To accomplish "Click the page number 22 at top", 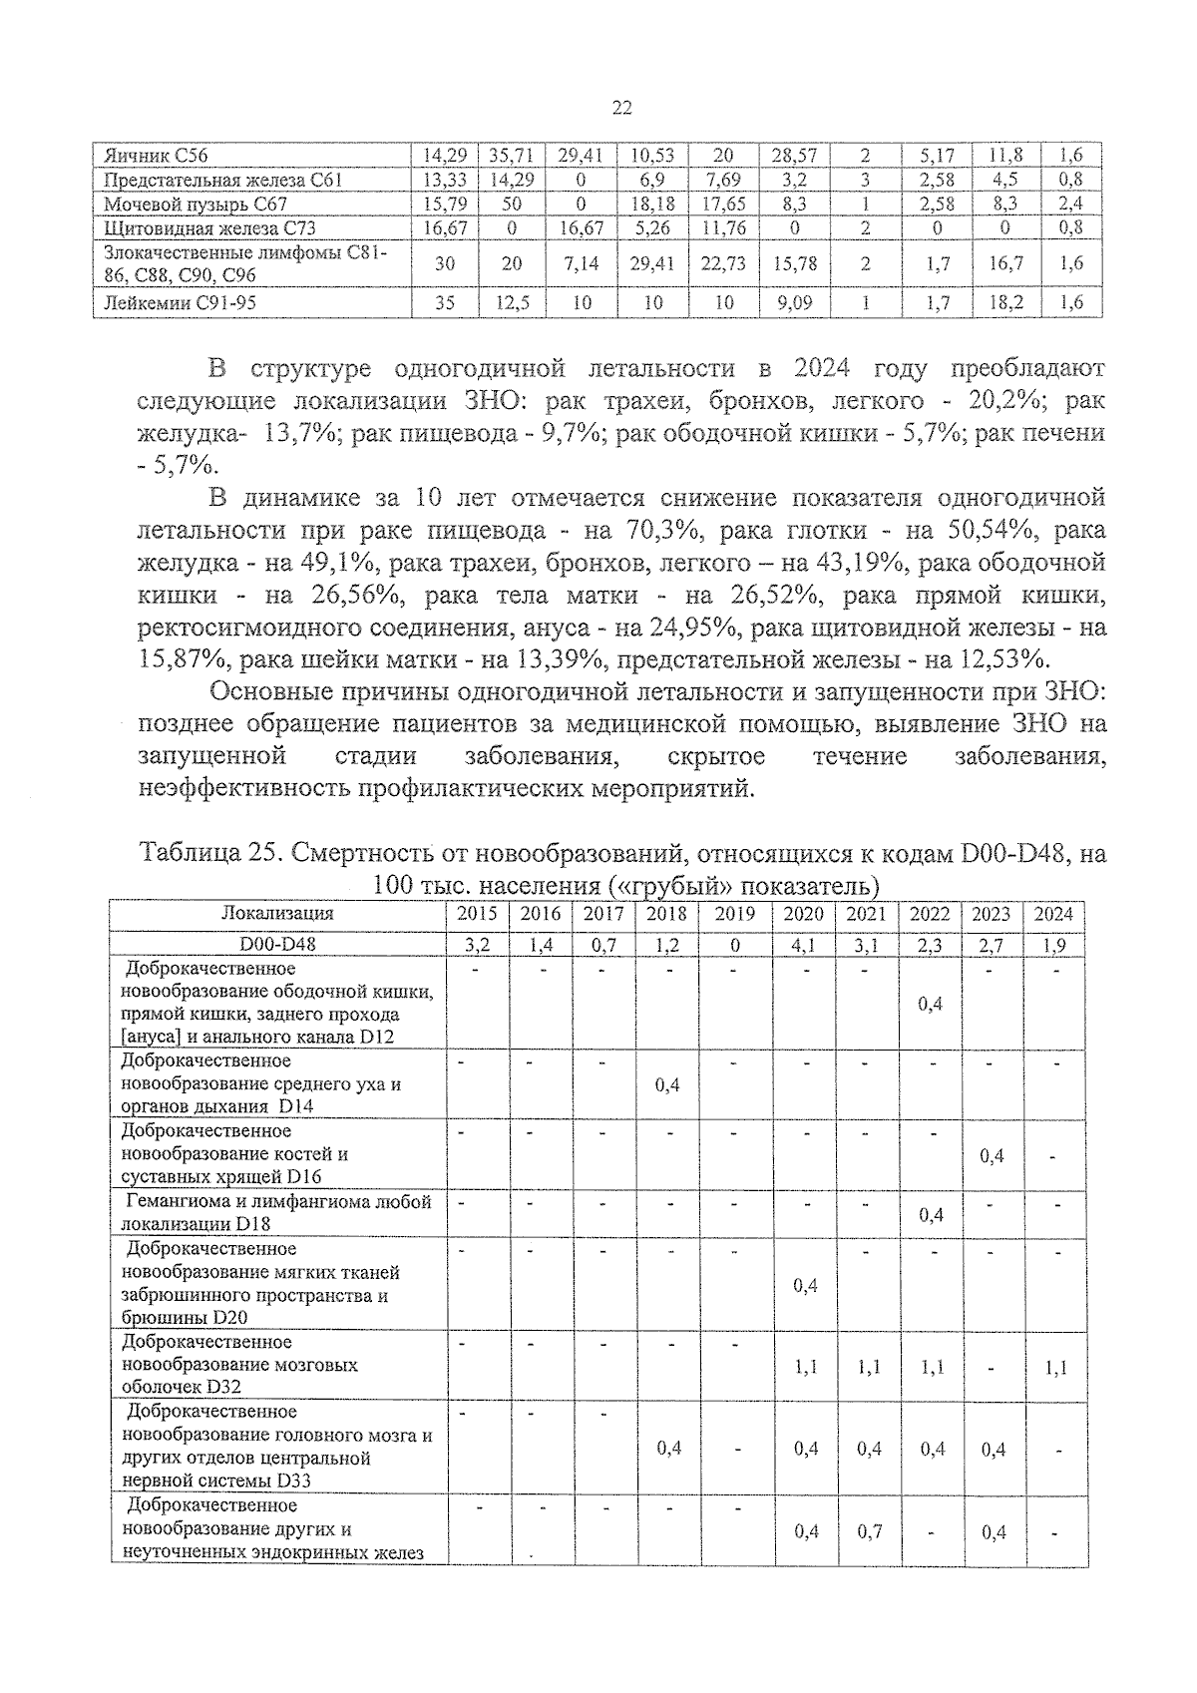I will pyautogui.click(x=621, y=109).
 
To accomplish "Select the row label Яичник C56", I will pyautogui.click(x=156, y=156).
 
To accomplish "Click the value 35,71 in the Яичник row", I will pyautogui.click(x=511, y=156).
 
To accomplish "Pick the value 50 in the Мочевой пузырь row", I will pyautogui.click(x=511, y=204).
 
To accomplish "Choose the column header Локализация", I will pyautogui.click(x=276, y=914).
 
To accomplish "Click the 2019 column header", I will pyautogui.click(x=734, y=914).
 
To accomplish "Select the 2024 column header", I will pyautogui.click(x=1053, y=914).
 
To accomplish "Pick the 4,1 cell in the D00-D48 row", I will pyautogui.click(x=804, y=944).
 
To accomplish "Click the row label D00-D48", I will pyautogui.click(x=276, y=944).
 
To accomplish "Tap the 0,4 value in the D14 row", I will pyautogui.click(x=667, y=1084).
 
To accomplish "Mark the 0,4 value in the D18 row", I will pyautogui.click(x=930, y=1214).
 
